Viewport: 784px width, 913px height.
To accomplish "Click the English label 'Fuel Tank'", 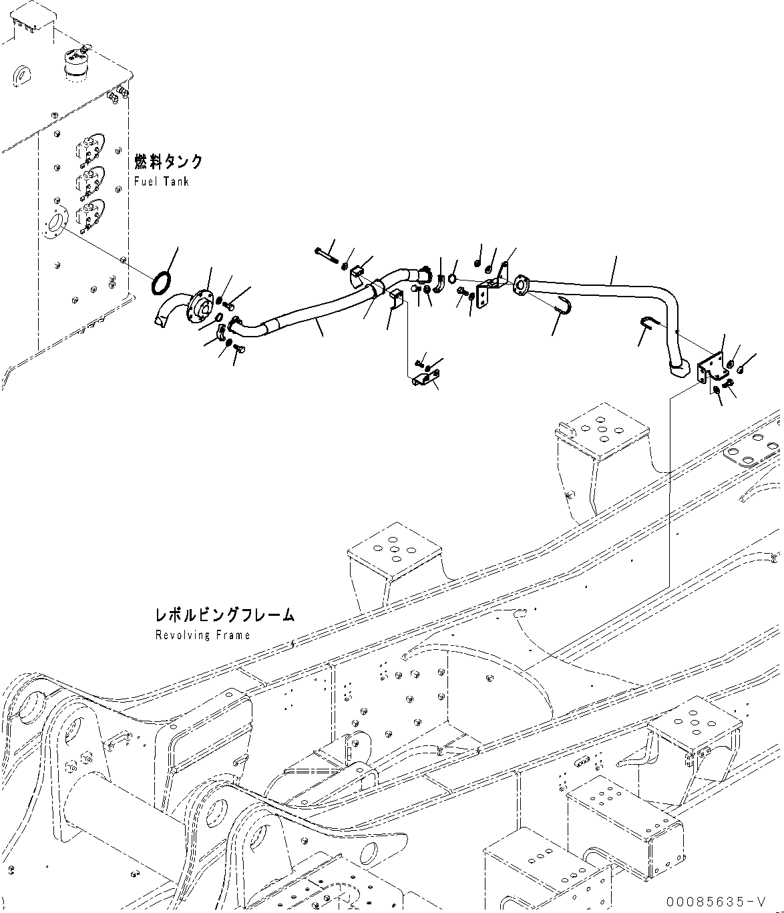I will [x=162, y=182].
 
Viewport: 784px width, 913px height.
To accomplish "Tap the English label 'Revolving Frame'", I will [x=202, y=634].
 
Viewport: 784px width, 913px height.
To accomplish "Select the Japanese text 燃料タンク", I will [x=168, y=162].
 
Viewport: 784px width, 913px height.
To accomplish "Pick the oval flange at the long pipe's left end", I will [x=520, y=287].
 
